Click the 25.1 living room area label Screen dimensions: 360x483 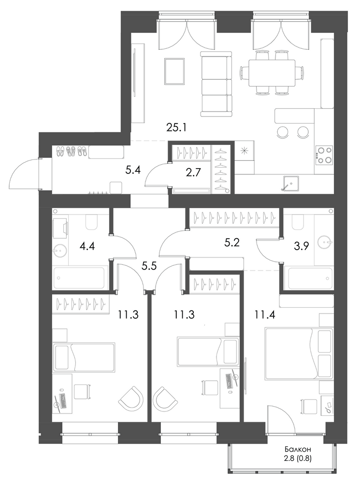176,128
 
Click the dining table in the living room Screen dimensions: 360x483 272,72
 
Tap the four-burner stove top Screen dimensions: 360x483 324,155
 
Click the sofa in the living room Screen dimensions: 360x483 216,84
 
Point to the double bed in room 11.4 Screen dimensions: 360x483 299,353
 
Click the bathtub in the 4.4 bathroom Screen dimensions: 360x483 80,278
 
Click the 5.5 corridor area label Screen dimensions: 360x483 149,266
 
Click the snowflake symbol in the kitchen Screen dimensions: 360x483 244,151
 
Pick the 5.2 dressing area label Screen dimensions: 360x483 232,243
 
